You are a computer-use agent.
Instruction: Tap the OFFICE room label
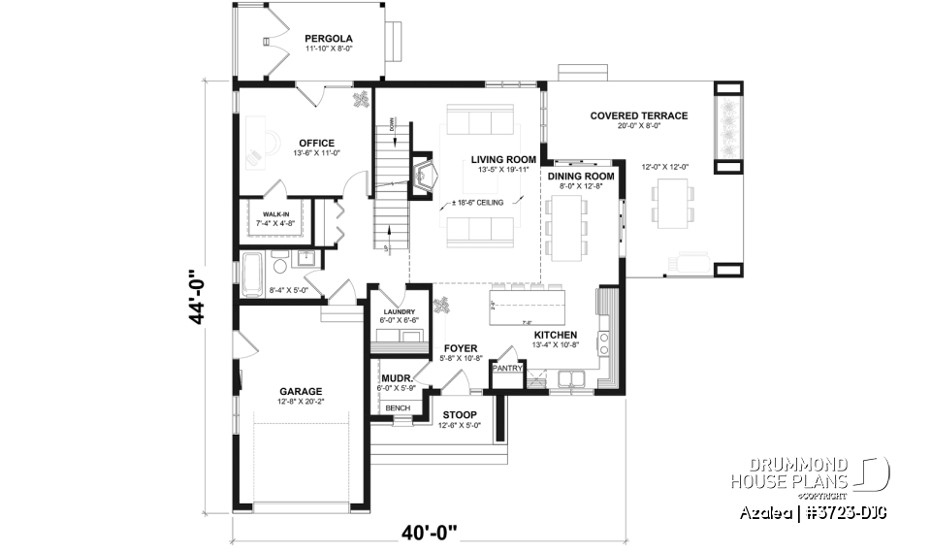point(316,144)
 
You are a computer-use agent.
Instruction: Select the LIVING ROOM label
point(503,159)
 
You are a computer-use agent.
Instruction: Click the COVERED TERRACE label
point(638,115)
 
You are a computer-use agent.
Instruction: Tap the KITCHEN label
point(556,335)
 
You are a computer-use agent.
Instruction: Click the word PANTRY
point(508,369)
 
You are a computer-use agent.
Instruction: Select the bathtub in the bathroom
point(253,267)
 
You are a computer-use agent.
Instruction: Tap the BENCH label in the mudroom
point(397,408)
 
